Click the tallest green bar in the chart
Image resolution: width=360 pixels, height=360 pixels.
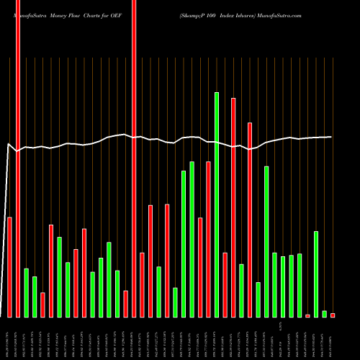coord(217,204)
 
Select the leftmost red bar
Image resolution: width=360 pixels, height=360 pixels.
coord(9,266)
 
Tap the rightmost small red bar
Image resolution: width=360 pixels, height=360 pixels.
coord(333,315)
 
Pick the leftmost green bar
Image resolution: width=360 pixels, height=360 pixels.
coord(26,292)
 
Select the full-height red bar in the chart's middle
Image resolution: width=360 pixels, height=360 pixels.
coord(134,158)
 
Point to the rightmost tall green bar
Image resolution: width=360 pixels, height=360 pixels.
coord(316,274)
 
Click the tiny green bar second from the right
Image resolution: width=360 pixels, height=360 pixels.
coord(324,313)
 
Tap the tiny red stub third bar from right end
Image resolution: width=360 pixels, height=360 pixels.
coord(307,315)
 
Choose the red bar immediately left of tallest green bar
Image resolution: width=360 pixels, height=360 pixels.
coord(209,239)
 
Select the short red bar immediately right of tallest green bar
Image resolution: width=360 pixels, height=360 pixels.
coord(225,284)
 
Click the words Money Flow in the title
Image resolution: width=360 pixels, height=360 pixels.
coord(68,14)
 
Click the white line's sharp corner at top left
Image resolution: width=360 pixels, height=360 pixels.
coord(9,145)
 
